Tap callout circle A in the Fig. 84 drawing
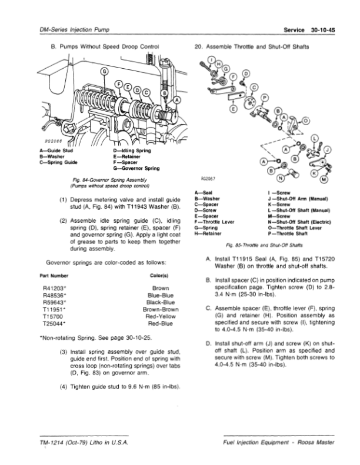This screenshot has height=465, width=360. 176,99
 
